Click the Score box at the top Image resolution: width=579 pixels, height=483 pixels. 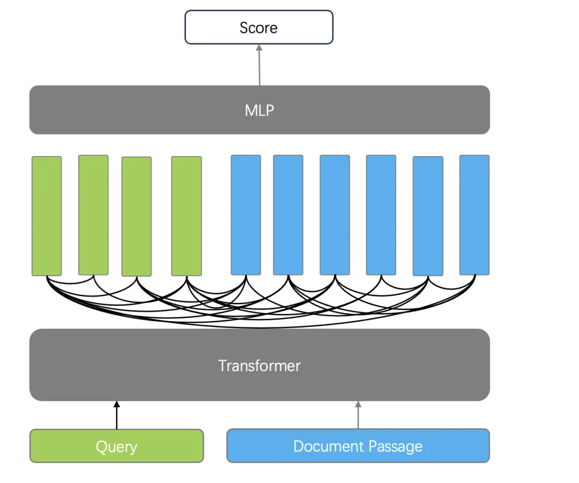pyautogui.click(x=259, y=27)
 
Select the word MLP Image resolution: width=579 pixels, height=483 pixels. pyautogui.click(x=259, y=110)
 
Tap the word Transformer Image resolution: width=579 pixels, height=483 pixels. pyautogui.click(x=259, y=366)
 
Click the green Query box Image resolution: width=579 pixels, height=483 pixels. pyautogui.click(x=116, y=446)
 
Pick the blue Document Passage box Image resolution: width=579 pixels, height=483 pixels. pyautogui.click(x=358, y=446)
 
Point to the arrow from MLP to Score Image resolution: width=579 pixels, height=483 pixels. pyautogui.click(x=259, y=64)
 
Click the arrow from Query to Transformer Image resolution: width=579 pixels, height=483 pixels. pyautogui.click(x=116, y=415)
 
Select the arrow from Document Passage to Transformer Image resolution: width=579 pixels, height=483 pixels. pyautogui.click(x=358, y=415)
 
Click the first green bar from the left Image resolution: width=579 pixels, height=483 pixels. pyautogui.click(x=47, y=216)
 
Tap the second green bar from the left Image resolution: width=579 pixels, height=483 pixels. pyautogui.click(x=93, y=215)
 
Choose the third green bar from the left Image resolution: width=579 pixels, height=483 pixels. pyautogui.click(x=136, y=217)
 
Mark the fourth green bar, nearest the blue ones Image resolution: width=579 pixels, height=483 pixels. pyautogui.click(x=187, y=216)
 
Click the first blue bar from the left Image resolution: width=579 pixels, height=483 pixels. pyautogui.click(x=246, y=215)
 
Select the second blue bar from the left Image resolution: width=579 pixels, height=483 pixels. pyautogui.click(x=288, y=215)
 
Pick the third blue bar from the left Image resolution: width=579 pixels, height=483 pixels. pyautogui.click(x=335, y=215)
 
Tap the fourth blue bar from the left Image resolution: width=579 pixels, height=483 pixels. pyautogui.click(x=381, y=215)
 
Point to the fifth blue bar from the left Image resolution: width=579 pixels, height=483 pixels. pyautogui.click(x=428, y=216)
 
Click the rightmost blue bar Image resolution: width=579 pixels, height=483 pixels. pyautogui.click(x=474, y=215)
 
